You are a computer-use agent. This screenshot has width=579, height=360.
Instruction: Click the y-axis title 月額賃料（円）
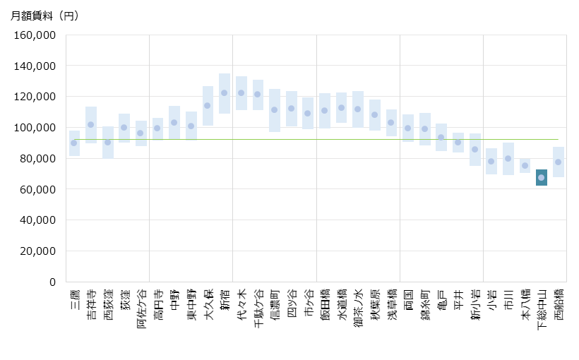pyautogui.click(x=44, y=16)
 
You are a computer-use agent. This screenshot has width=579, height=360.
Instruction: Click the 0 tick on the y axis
pyautogui.click(x=52, y=282)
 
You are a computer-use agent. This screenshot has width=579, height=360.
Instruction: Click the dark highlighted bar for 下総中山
pyautogui.click(x=542, y=177)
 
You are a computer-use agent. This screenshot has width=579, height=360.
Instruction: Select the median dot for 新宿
pyautogui.click(x=225, y=93)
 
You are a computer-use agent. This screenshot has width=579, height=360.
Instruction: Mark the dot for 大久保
pyautogui.click(x=208, y=106)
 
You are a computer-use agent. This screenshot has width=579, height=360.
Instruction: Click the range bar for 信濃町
pyautogui.click(x=275, y=110)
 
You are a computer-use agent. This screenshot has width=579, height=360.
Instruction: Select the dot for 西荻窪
pyautogui.click(x=108, y=143)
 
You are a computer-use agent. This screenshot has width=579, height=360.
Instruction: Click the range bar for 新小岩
pyautogui.click(x=475, y=150)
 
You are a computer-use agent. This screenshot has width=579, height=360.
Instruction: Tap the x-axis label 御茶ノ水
pyautogui.click(x=358, y=308)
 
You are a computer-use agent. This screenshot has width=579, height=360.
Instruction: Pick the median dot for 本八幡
pyautogui.click(x=525, y=166)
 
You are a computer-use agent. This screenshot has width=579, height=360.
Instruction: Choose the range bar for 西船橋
pyautogui.click(x=559, y=162)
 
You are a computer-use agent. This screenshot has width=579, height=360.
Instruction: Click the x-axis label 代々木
pyautogui.click(x=241, y=305)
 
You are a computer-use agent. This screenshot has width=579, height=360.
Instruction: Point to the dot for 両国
pyautogui.click(x=408, y=128)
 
